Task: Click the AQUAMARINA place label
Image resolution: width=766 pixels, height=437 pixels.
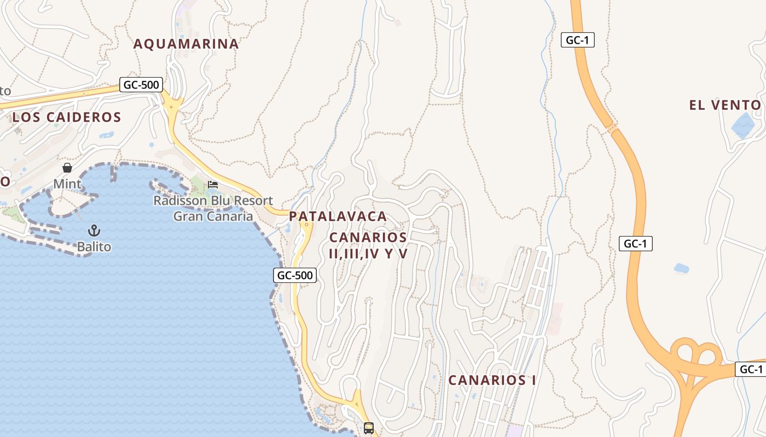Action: click(x=186, y=44)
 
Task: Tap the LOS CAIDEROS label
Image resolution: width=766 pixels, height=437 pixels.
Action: click(x=67, y=117)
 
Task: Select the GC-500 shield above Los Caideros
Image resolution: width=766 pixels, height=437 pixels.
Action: click(x=141, y=85)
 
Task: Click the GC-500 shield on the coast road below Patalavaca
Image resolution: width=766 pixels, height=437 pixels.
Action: click(x=295, y=275)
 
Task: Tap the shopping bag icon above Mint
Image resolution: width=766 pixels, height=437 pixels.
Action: click(x=67, y=167)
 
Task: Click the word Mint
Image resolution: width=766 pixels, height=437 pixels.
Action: click(x=67, y=184)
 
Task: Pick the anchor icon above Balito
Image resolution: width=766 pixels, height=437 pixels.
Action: click(x=94, y=230)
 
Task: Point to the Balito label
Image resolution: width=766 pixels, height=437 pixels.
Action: click(x=94, y=247)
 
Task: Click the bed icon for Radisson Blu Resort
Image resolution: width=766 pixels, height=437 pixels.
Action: click(x=213, y=185)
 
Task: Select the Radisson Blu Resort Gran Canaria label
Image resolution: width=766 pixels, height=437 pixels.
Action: click(x=213, y=208)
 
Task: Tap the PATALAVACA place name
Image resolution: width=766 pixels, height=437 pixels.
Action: click(x=338, y=216)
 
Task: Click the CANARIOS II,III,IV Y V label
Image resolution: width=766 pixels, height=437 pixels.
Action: click(x=368, y=245)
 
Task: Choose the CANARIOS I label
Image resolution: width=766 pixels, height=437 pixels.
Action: click(x=492, y=380)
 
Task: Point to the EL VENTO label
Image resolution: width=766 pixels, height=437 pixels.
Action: click(x=725, y=105)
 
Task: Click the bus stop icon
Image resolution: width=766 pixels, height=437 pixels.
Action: click(x=369, y=428)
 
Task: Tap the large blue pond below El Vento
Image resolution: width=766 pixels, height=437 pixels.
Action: click(x=743, y=126)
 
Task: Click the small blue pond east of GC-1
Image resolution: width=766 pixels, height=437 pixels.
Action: click(x=681, y=268)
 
